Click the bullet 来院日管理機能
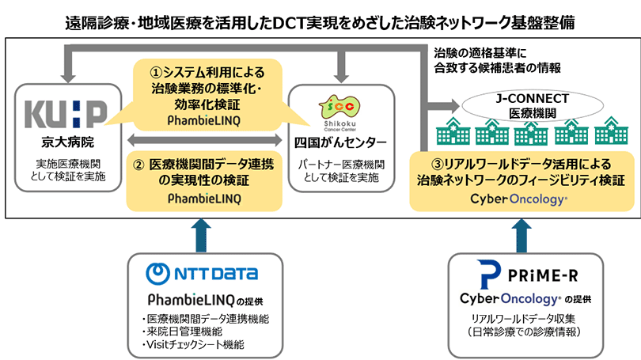pos(187,332)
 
